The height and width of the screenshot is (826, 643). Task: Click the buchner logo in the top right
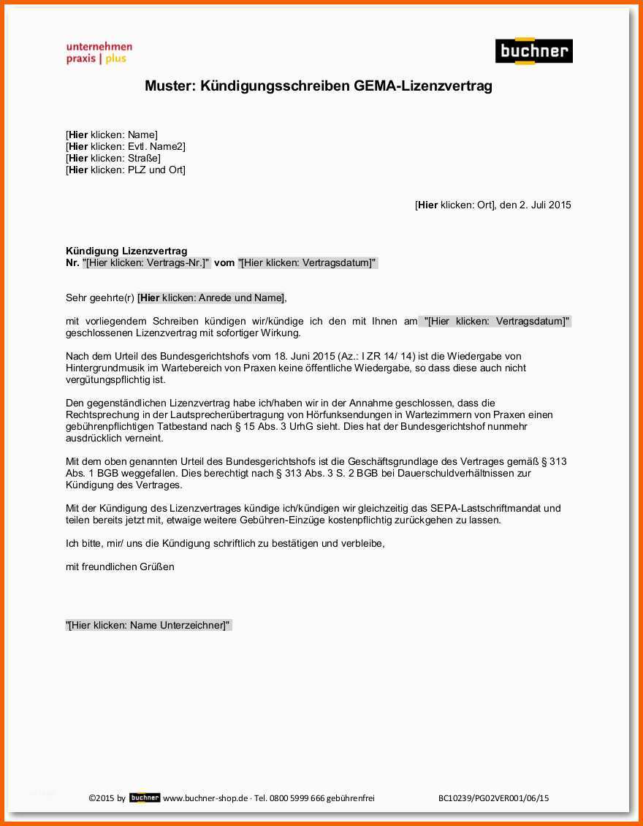[x=533, y=51]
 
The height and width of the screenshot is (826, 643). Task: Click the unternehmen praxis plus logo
[x=99, y=53]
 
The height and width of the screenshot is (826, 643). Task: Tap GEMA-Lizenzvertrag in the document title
[x=423, y=86]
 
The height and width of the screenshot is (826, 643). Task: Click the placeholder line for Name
[x=112, y=134]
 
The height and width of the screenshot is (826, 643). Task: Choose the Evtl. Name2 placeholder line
[x=126, y=146]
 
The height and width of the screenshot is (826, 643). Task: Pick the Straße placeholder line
[x=113, y=158]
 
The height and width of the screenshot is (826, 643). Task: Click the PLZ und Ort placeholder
[x=126, y=170]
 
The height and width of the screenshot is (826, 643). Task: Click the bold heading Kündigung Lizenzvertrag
[x=126, y=251]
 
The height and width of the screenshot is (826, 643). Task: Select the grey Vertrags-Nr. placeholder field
[x=147, y=262]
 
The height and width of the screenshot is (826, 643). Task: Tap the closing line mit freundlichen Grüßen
[x=120, y=567]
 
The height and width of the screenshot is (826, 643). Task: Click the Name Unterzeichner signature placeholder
[x=148, y=625]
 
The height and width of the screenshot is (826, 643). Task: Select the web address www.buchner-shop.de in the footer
[x=205, y=798]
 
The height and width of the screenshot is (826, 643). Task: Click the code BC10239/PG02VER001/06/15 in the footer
[x=493, y=798]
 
